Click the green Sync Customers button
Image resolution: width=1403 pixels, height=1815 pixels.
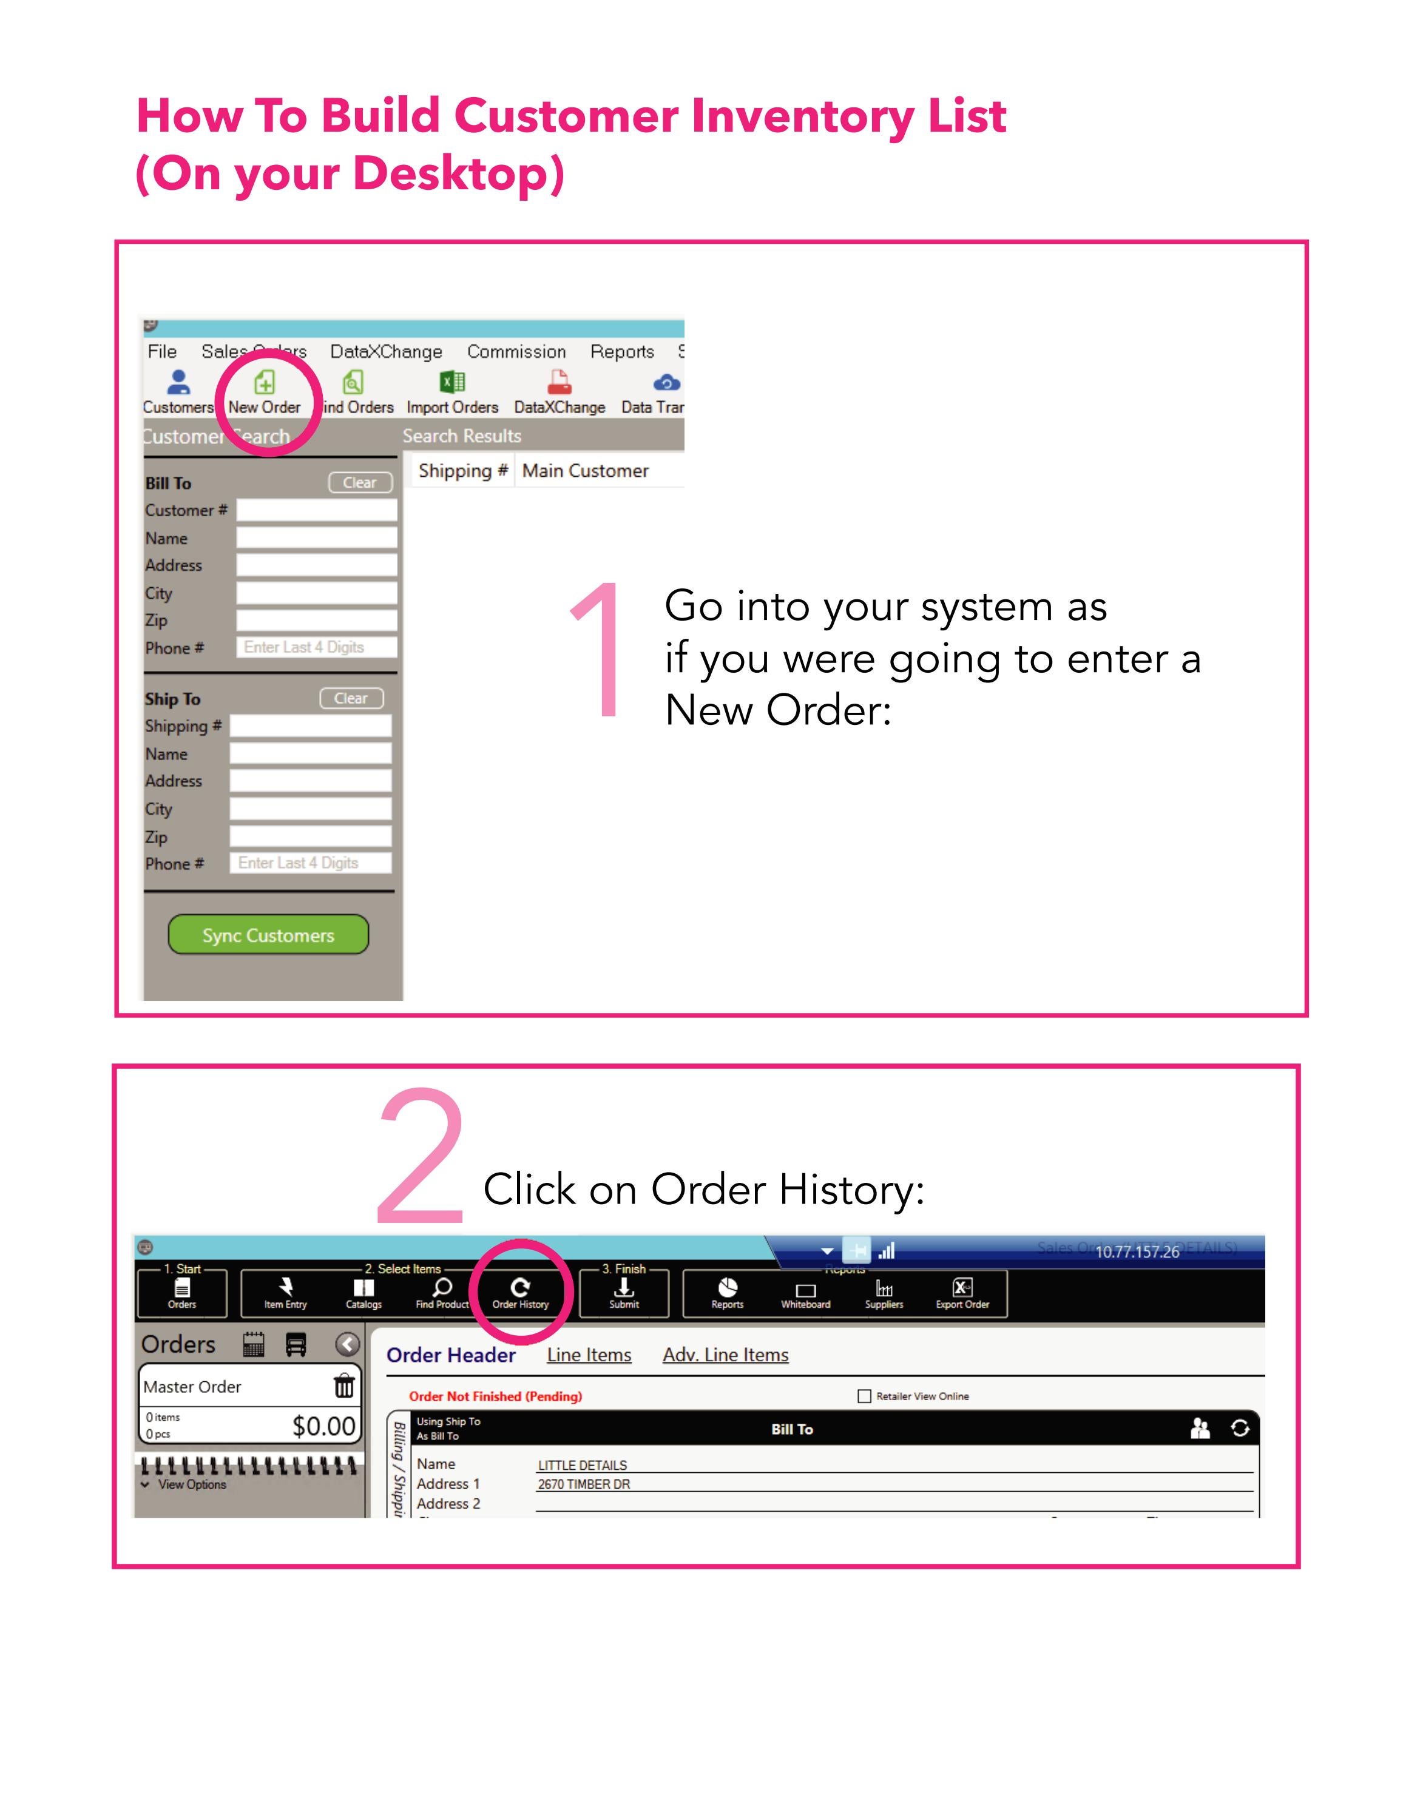(268, 934)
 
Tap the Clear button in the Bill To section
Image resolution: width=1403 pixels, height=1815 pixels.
(360, 483)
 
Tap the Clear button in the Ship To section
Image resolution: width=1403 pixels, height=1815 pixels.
(351, 698)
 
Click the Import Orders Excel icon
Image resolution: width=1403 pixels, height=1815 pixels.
(452, 382)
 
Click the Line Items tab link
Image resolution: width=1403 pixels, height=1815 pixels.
(589, 1355)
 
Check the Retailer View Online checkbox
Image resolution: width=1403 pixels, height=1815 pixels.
(864, 1396)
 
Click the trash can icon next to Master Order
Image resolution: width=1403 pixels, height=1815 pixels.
(343, 1386)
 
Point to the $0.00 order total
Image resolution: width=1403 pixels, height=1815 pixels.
(323, 1426)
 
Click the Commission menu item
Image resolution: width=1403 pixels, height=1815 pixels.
(516, 351)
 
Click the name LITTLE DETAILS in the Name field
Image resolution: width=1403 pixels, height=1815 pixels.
(582, 1465)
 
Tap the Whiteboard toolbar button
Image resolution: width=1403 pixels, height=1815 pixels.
(805, 1293)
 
